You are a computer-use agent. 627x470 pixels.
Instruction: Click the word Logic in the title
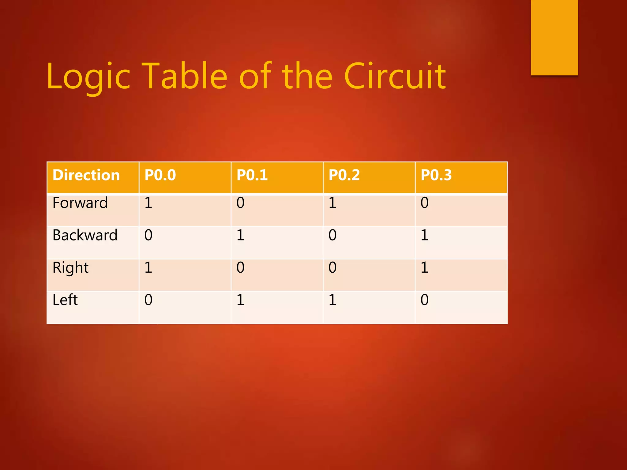click(89, 76)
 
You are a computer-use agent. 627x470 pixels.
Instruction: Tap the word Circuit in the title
click(395, 76)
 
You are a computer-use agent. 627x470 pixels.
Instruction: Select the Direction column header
click(86, 175)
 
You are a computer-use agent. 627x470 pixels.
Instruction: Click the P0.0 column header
click(160, 175)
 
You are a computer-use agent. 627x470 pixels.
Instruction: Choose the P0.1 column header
click(252, 175)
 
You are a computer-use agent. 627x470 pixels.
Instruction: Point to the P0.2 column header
click(344, 175)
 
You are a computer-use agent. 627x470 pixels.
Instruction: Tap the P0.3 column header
click(436, 175)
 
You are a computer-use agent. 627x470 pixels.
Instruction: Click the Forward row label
click(80, 203)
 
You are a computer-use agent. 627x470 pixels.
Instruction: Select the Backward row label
click(85, 235)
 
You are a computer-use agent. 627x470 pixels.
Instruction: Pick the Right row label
click(70, 268)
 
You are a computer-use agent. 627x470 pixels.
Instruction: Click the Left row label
click(65, 300)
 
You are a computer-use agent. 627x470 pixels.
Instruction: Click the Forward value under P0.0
click(148, 203)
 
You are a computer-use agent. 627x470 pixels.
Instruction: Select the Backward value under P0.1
click(241, 235)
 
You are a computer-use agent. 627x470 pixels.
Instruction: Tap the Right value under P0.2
click(332, 268)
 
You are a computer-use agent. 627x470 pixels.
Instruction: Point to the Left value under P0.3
click(424, 300)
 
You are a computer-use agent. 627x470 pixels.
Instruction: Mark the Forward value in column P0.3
click(424, 203)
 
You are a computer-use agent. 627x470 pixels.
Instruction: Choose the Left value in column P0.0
click(148, 300)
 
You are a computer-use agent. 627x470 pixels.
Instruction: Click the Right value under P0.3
click(424, 268)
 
